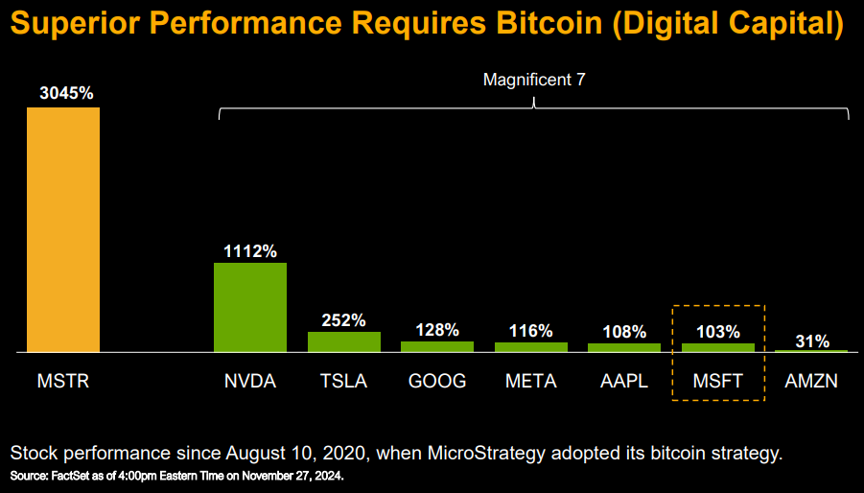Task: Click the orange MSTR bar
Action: tap(62, 230)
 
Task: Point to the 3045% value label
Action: tap(66, 93)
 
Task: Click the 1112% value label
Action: tap(250, 251)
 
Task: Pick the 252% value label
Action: tap(343, 320)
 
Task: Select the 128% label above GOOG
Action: tap(437, 330)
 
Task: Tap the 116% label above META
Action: tap(530, 331)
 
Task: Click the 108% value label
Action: tap(624, 332)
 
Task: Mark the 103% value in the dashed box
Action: tap(718, 332)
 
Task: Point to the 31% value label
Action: tap(811, 340)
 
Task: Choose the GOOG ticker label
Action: tap(437, 381)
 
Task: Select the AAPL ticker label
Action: tap(624, 381)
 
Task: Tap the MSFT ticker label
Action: tap(718, 381)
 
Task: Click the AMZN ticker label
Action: tap(811, 381)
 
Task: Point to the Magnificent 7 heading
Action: tap(534, 80)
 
